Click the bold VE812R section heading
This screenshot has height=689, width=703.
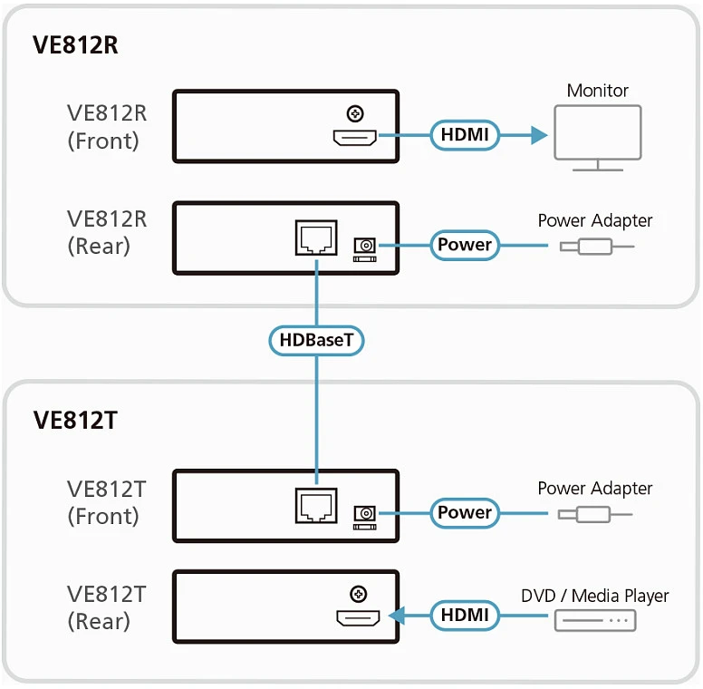coord(75,44)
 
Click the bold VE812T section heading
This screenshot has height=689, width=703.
coord(75,421)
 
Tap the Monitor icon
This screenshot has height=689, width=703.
coord(598,138)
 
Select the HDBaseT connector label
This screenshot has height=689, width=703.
coord(316,341)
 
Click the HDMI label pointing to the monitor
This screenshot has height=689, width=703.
coord(465,134)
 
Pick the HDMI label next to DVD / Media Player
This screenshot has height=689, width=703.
coord(465,615)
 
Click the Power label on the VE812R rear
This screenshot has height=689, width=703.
coord(465,245)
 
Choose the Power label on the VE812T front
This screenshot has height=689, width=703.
coord(465,513)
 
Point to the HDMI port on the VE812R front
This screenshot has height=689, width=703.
coord(354,138)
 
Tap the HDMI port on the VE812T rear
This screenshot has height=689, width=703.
coord(358,618)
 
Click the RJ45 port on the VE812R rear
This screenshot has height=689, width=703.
coord(316,238)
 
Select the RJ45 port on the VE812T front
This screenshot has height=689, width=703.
coord(316,506)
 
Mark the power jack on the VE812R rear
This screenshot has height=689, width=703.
coord(365,249)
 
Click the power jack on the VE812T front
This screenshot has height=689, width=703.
coord(365,517)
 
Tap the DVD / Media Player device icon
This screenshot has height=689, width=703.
coord(595,621)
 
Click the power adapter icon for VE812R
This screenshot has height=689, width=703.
coord(597,247)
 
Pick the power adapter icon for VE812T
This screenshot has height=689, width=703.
coord(595,515)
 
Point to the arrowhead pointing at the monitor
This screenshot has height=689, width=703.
coord(539,134)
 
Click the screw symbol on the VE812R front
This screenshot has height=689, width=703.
coord(355,113)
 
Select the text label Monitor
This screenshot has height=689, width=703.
coord(598,91)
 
